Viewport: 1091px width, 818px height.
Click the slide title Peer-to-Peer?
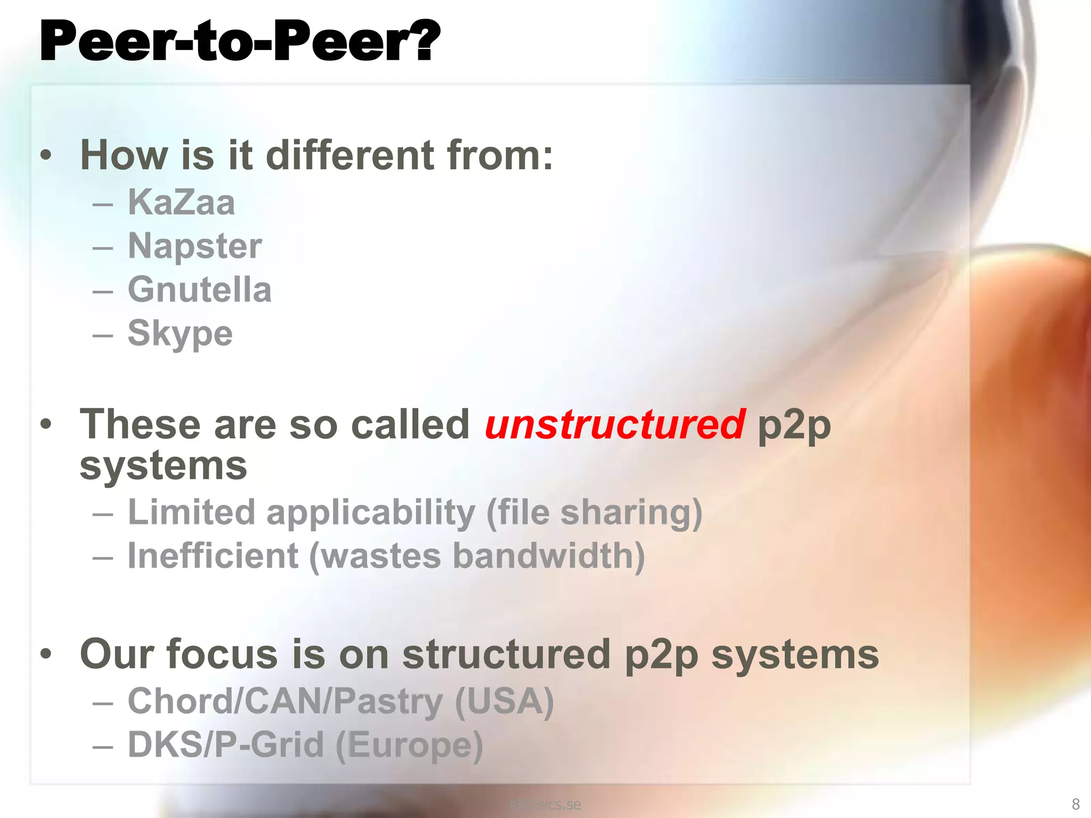pyautogui.click(x=240, y=42)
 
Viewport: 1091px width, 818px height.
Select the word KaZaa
pyautogui.click(x=181, y=202)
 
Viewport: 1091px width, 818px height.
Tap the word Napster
pyautogui.click(x=195, y=246)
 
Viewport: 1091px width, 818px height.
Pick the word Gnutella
pyautogui.click(x=200, y=290)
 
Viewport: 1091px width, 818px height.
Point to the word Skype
pyautogui.click(x=180, y=334)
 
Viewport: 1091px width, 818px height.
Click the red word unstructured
pyautogui.click(x=615, y=424)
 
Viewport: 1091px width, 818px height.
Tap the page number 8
pyautogui.click(x=1075, y=804)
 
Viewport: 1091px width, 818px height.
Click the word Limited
pyautogui.click(x=192, y=512)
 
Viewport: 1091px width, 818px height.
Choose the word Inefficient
pyautogui.click(x=213, y=556)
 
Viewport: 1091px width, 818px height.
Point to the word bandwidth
pyautogui.click(x=549, y=556)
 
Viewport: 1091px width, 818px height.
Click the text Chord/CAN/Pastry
pyautogui.click(x=285, y=701)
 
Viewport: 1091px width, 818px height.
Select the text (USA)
pyautogui.click(x=504, y=701)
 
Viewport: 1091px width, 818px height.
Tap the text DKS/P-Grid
pyautogui.click(x=226, y=745)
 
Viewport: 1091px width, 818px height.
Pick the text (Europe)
pyautogui.click(x=409, y=745)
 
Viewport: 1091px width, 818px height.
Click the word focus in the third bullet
pyautogui.click(x=222, y=654)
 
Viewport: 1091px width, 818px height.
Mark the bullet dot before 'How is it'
pyautogui.click(x=46, y=156)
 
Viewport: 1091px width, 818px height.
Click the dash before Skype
pyautogui.click(x=102, y=334)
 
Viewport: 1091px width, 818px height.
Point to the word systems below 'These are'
pyautogui.click(x=163, y=466)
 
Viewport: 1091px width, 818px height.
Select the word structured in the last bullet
pyautogui.click(x=506, y=654)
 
